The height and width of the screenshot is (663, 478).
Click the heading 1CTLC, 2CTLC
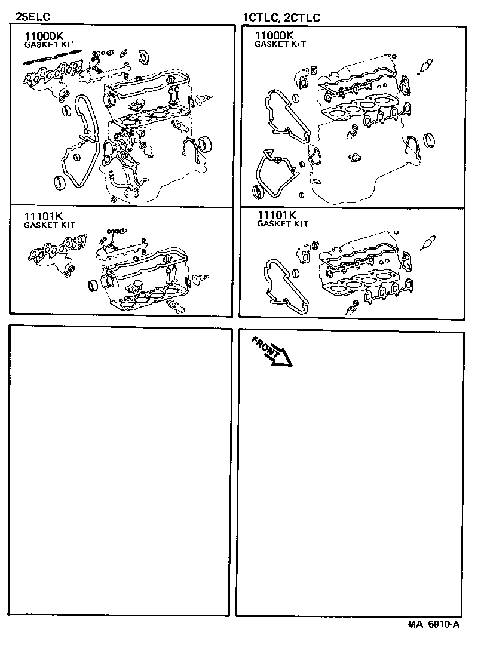click(281, 17)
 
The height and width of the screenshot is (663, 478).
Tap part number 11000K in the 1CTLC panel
click(274, 35)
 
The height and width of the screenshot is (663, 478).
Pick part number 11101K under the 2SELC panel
click(42, 216)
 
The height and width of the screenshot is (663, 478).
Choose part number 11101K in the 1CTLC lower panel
click(277, 215)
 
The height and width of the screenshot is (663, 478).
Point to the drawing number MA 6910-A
click(434, 624)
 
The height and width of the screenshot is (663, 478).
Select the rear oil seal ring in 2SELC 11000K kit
click(204, 145)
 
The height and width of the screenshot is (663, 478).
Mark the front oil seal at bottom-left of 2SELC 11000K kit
click(60, 181)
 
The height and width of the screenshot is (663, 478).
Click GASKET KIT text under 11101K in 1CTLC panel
click(283, 224)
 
